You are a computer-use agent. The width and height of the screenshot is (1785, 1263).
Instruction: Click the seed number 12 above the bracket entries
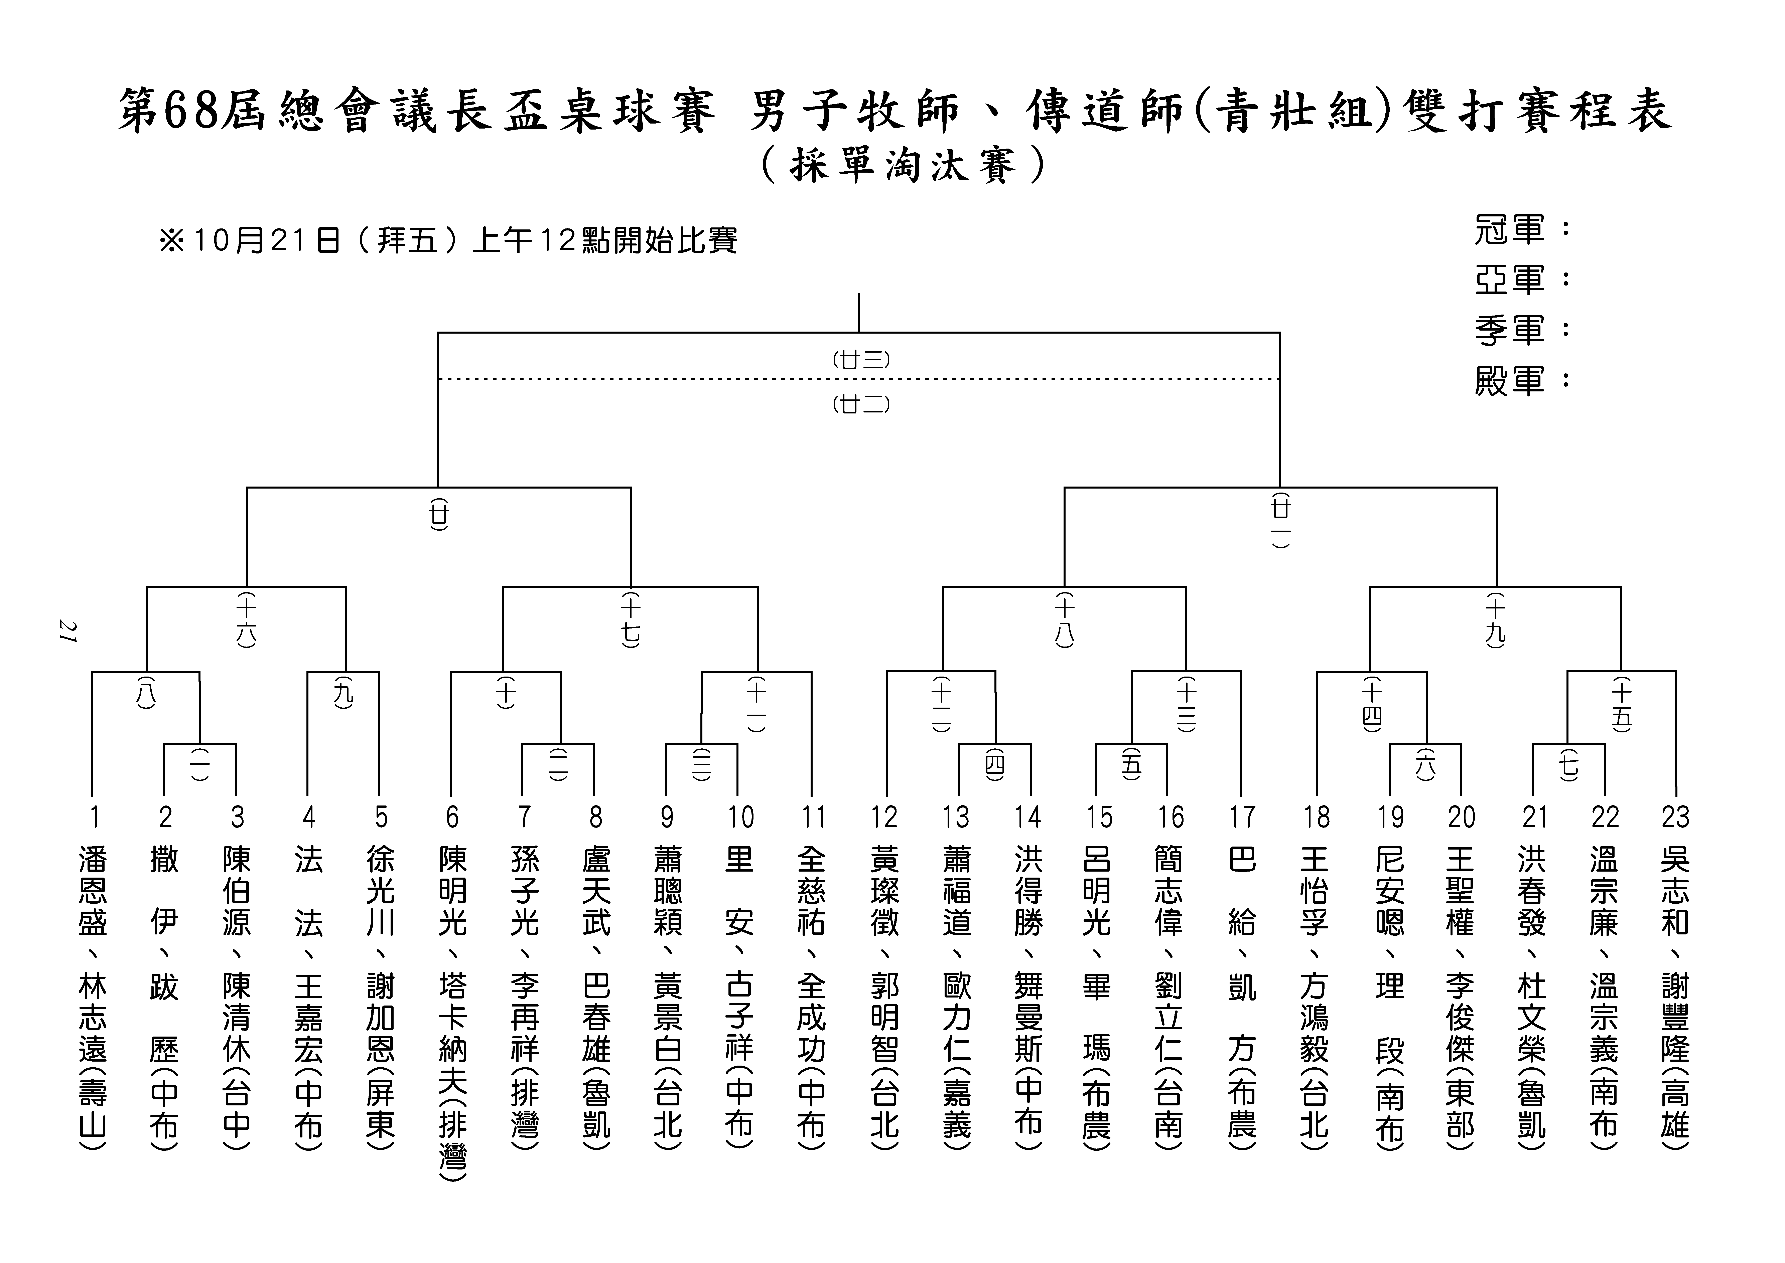click(884, 817)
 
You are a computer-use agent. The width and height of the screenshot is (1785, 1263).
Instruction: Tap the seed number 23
click(1675, 817)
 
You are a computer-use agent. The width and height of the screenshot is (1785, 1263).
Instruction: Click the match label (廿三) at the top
click(861, 360)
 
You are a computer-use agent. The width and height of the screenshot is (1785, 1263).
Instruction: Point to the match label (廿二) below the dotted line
click(861, 404)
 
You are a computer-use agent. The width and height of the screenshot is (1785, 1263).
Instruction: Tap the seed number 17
click(1242, 817)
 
